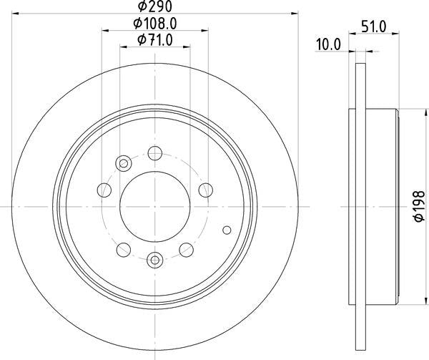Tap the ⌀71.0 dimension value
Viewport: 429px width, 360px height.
[154, 40]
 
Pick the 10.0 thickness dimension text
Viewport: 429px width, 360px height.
[329, 44]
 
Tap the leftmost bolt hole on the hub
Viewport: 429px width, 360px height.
[104, 190]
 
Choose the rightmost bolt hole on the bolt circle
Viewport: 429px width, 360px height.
[206, 190]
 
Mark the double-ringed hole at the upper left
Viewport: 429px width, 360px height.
[123, 164]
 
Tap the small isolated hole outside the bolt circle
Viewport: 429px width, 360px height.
[227, 230]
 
